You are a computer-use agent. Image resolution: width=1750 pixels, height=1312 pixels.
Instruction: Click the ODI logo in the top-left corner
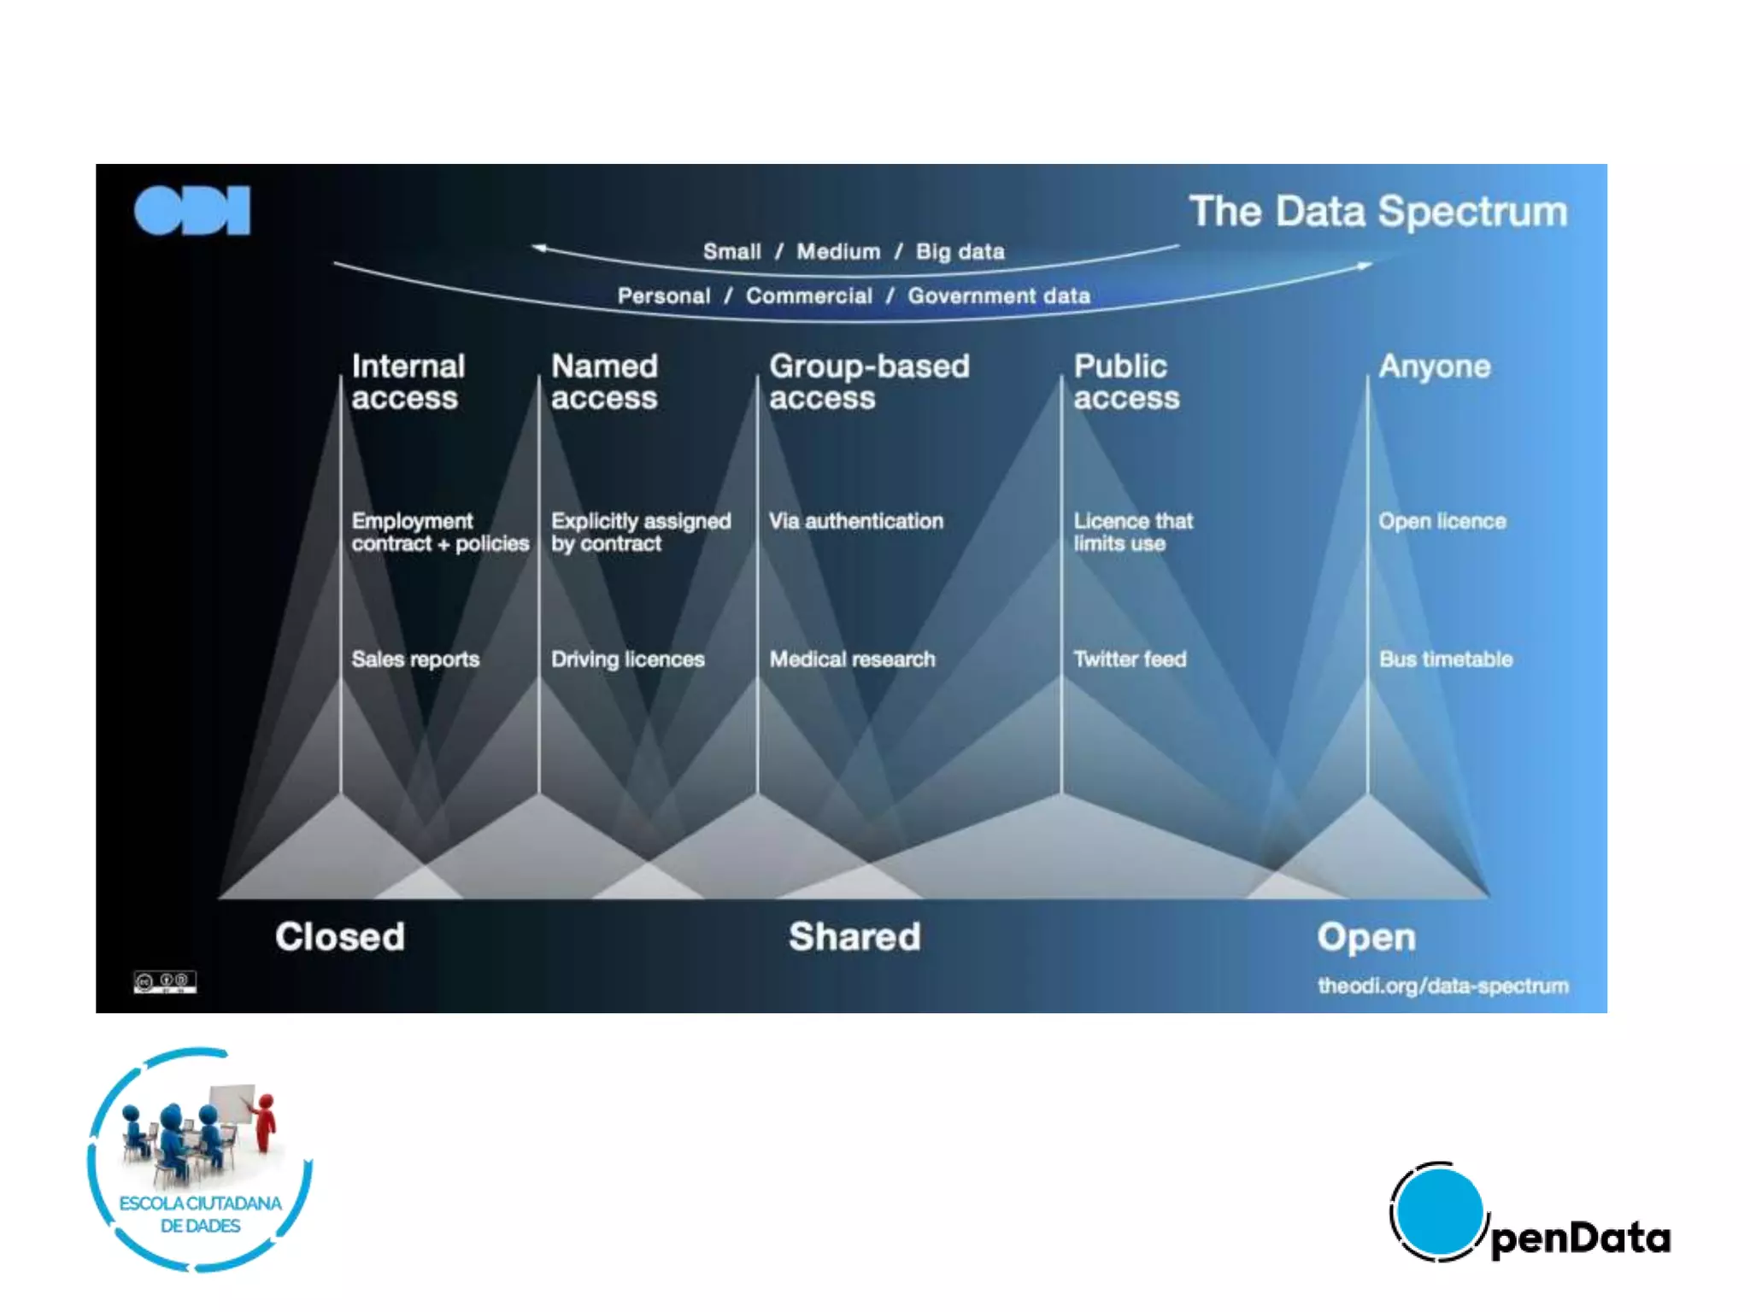click(192, 210)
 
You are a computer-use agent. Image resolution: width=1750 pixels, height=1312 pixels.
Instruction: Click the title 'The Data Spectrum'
click(1378, 211)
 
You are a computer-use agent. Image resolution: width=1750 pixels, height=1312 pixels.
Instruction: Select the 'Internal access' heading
click(408, 382)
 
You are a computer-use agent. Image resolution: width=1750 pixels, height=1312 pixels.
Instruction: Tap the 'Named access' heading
click(604, 382)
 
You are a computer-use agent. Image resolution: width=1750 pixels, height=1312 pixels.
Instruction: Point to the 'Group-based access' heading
click(869, 382)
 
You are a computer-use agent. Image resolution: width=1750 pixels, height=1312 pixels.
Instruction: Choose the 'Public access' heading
click(1126, 382)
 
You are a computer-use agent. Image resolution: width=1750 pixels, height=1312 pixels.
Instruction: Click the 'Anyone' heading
click(1434, 366)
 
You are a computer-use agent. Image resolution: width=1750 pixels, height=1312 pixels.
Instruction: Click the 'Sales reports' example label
click(415, 659)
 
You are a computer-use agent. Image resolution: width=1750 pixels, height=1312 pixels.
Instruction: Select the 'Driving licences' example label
click(627, 659)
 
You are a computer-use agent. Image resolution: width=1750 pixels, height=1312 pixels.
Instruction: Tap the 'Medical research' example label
click(852, 659)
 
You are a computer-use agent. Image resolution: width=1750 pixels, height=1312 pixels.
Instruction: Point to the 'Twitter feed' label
click(1130, 659)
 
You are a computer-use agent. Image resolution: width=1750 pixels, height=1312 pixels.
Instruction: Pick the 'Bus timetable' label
click(1446, 659)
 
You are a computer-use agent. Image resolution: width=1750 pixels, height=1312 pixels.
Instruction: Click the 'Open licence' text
click(1442, 521)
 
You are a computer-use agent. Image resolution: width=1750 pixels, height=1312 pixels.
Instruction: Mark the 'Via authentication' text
click(856, 521)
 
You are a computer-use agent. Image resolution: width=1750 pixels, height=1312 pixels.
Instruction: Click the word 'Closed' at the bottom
click(340, 937)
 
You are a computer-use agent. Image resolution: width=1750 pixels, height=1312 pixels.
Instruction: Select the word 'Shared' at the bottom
click(854, 937)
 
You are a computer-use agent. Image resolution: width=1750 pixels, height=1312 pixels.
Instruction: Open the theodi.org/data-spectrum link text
click(1443, 987)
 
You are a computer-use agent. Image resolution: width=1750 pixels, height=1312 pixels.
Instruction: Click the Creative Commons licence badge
click(165, 981)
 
